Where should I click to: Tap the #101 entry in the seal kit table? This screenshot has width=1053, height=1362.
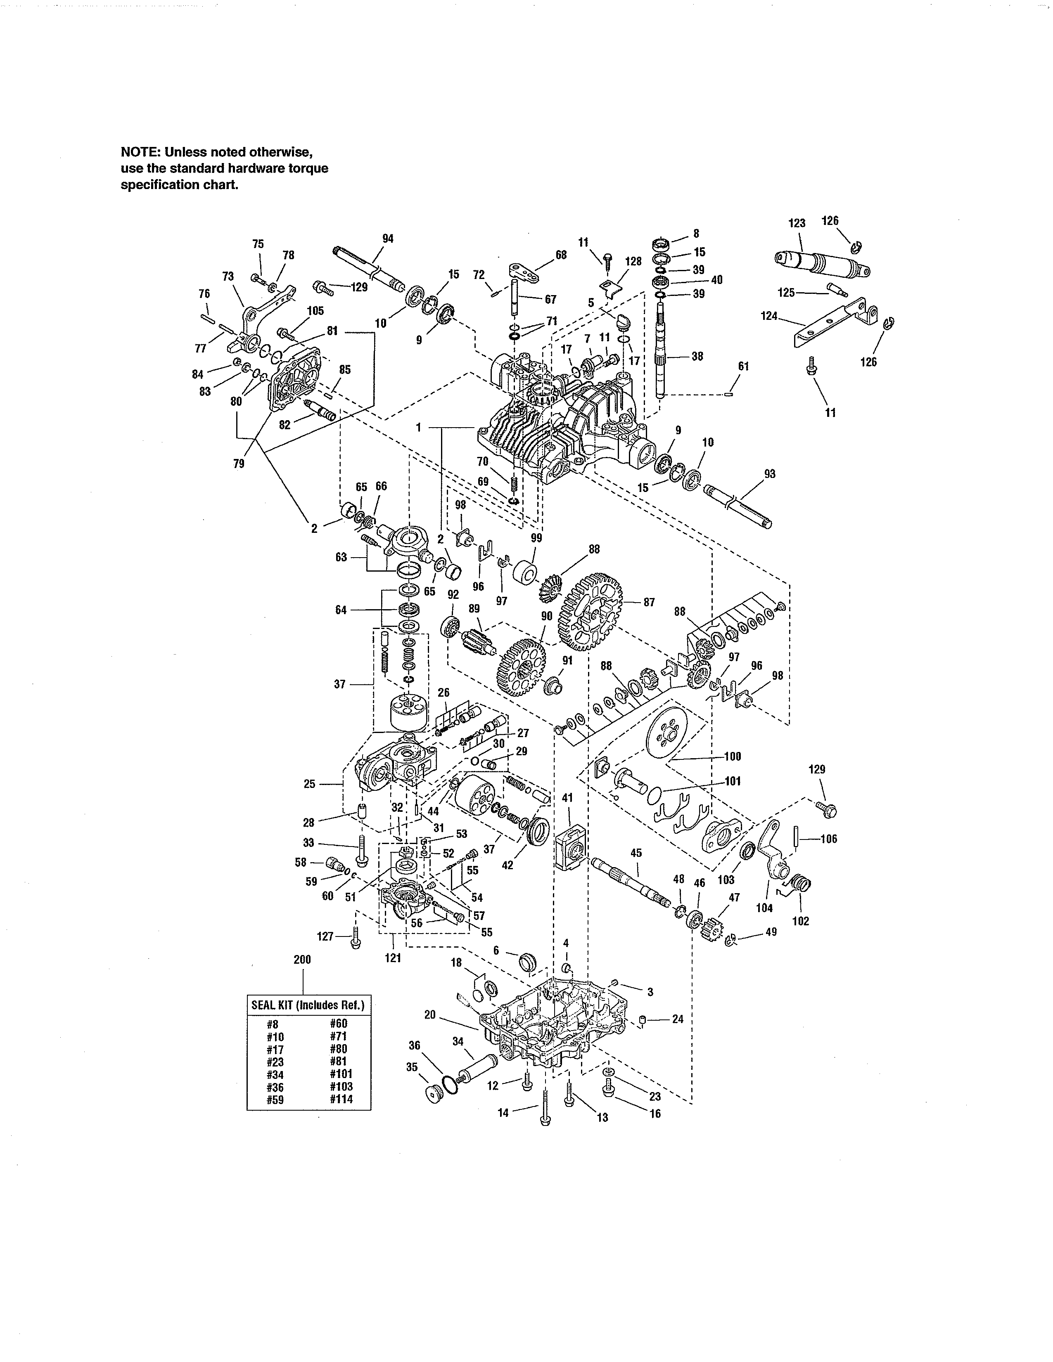[341, 1073]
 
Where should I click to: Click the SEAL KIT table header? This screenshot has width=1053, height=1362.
[308, 1005]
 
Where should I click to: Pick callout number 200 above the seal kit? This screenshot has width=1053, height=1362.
[302, 960]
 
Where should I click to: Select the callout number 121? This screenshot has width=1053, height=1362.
[393, 958]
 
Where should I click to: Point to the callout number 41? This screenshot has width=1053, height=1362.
[567, 798]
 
